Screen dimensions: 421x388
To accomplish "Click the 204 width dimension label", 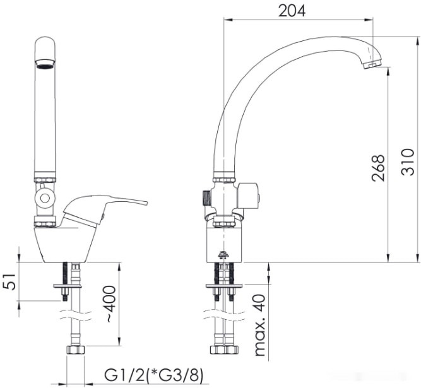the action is click(x=292, y=11).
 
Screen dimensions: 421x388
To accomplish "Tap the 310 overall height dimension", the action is click(x=408, y=162).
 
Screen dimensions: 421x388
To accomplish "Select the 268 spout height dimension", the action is click(x=378, y=168).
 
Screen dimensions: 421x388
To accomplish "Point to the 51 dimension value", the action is click(x=9, y=282).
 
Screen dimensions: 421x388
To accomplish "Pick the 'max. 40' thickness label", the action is click(x=259, y=325).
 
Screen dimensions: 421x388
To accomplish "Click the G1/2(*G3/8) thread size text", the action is click(x=153, y=375).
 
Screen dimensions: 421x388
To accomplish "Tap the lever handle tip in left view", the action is click(x=146, y=203).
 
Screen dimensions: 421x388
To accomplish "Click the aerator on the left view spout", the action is click(x=45, y=64).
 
